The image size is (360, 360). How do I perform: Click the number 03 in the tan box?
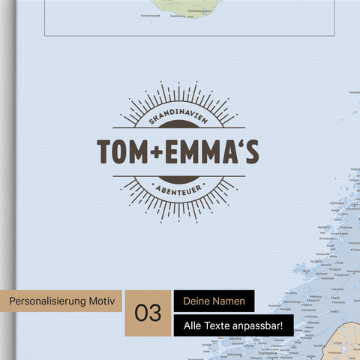pyautogui.click(x=148, y=313)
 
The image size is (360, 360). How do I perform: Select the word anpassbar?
pyautogui.click(x=259, y=326)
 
